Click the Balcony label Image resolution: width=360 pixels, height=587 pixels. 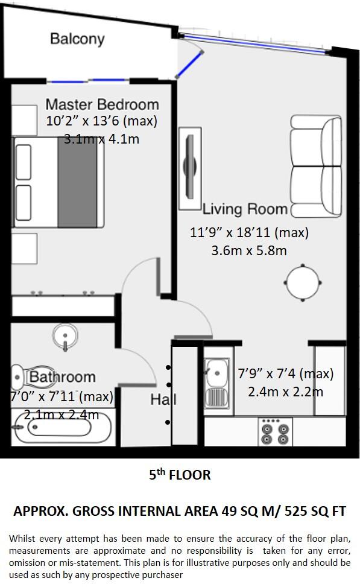[x=77, y=39]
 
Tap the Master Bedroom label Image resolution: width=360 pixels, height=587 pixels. [x=102, y=104]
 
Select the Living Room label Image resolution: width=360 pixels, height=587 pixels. [x=245, y=209]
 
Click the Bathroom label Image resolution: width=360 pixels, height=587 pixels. [x=63, y=377]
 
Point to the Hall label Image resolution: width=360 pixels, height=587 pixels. [x=163, y=399]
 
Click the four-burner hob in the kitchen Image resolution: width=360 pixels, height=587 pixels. [x=274, y=432]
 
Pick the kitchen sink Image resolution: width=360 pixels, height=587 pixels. [x=216, y=381]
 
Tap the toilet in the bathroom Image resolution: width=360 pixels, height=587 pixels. [x=34, y=377]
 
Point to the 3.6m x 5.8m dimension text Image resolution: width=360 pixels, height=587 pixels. [x=249, y=250]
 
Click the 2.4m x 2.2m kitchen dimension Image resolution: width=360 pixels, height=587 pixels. [x=285, y=392]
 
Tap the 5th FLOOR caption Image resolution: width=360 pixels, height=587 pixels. [x=180, y=475]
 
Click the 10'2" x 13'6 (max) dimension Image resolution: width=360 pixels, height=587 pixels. [x=101, y=121]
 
